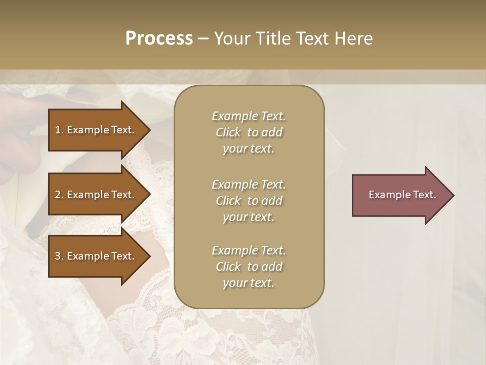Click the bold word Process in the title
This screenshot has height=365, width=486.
coord(159,39)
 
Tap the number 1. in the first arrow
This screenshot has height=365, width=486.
coord(59,130)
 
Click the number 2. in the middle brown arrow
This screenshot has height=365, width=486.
coord(59,195)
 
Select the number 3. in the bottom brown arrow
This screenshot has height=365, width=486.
coord(59,256)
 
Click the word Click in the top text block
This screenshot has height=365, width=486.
coord(228,132)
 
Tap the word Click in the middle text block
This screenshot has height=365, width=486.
coord(228,201)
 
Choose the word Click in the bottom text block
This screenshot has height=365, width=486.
coord(228,267)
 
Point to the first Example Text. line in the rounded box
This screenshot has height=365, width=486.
coord(249,116)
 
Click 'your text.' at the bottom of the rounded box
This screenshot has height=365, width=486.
coord(249,283)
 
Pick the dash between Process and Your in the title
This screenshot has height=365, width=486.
coord(204,39)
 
